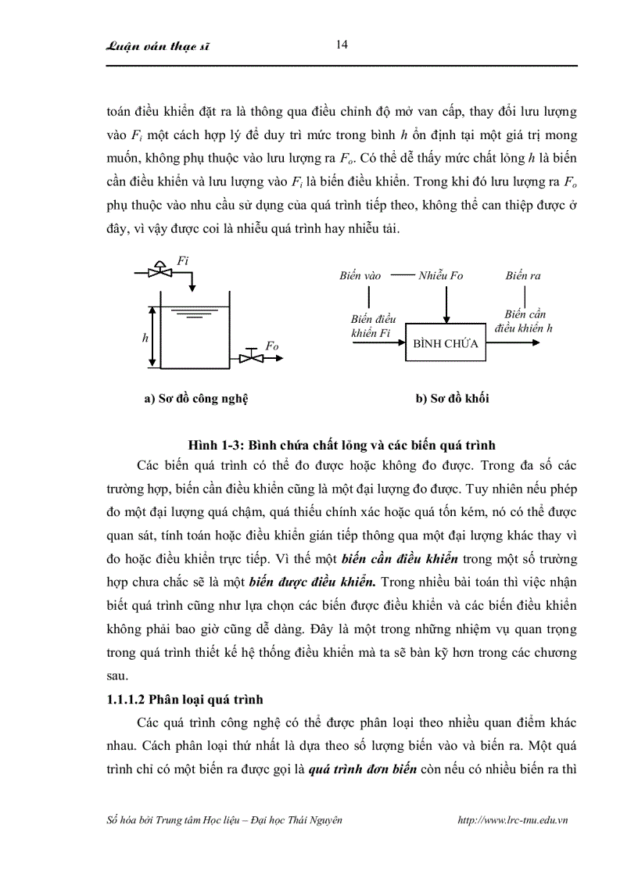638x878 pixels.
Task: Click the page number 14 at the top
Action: pos(342,45)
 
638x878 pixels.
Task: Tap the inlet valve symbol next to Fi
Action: pos(161,271)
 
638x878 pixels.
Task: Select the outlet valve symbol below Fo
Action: pos(252,358)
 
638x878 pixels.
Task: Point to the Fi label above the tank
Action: pos(183,261)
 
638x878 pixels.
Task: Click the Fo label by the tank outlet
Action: pos(272,346)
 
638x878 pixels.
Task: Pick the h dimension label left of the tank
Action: pos(145,338)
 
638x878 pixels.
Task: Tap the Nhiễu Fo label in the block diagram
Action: pos(441,275)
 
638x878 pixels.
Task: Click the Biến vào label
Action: pos(360,275)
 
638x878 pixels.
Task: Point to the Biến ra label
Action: pos(523,275)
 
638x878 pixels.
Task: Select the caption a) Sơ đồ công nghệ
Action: pos(195,398)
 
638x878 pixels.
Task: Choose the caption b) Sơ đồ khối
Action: pos(453,398)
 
